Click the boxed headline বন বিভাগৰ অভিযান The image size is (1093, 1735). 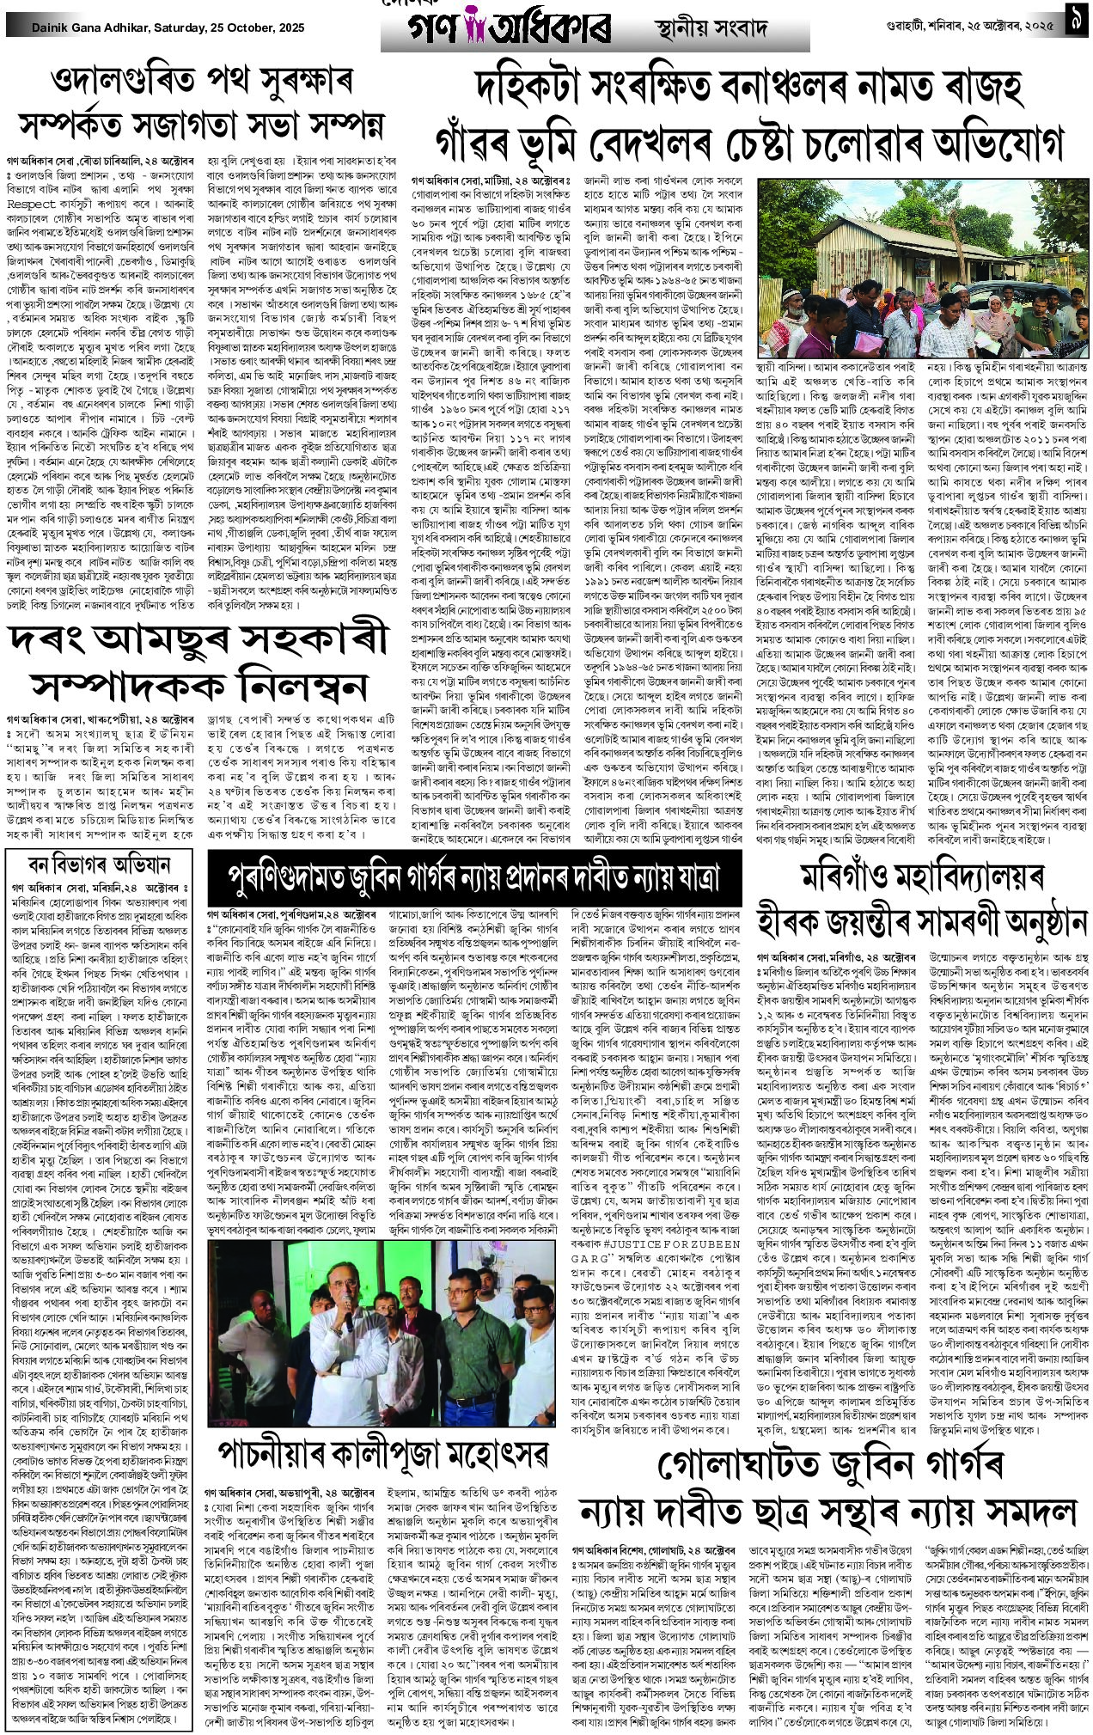99,864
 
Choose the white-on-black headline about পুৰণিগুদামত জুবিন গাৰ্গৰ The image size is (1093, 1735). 473,877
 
